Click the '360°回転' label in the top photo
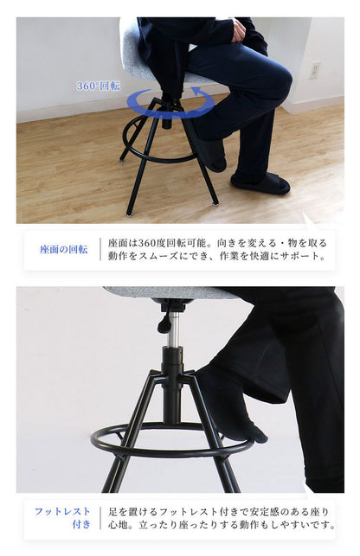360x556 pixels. tap(98, 86)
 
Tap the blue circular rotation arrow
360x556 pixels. tap(170, 105)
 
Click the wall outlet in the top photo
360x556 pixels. tap(314, 70)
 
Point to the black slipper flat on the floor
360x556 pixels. tap(260, 182)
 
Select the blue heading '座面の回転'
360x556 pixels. tap(63, 249)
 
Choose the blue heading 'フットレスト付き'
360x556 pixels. tap(62, 517)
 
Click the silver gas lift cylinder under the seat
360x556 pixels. tap(173, 329)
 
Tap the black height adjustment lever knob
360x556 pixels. tap(164, 323)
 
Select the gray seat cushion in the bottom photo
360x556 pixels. tap(164, 292)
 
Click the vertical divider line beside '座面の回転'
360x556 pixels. tap(100, 249)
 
